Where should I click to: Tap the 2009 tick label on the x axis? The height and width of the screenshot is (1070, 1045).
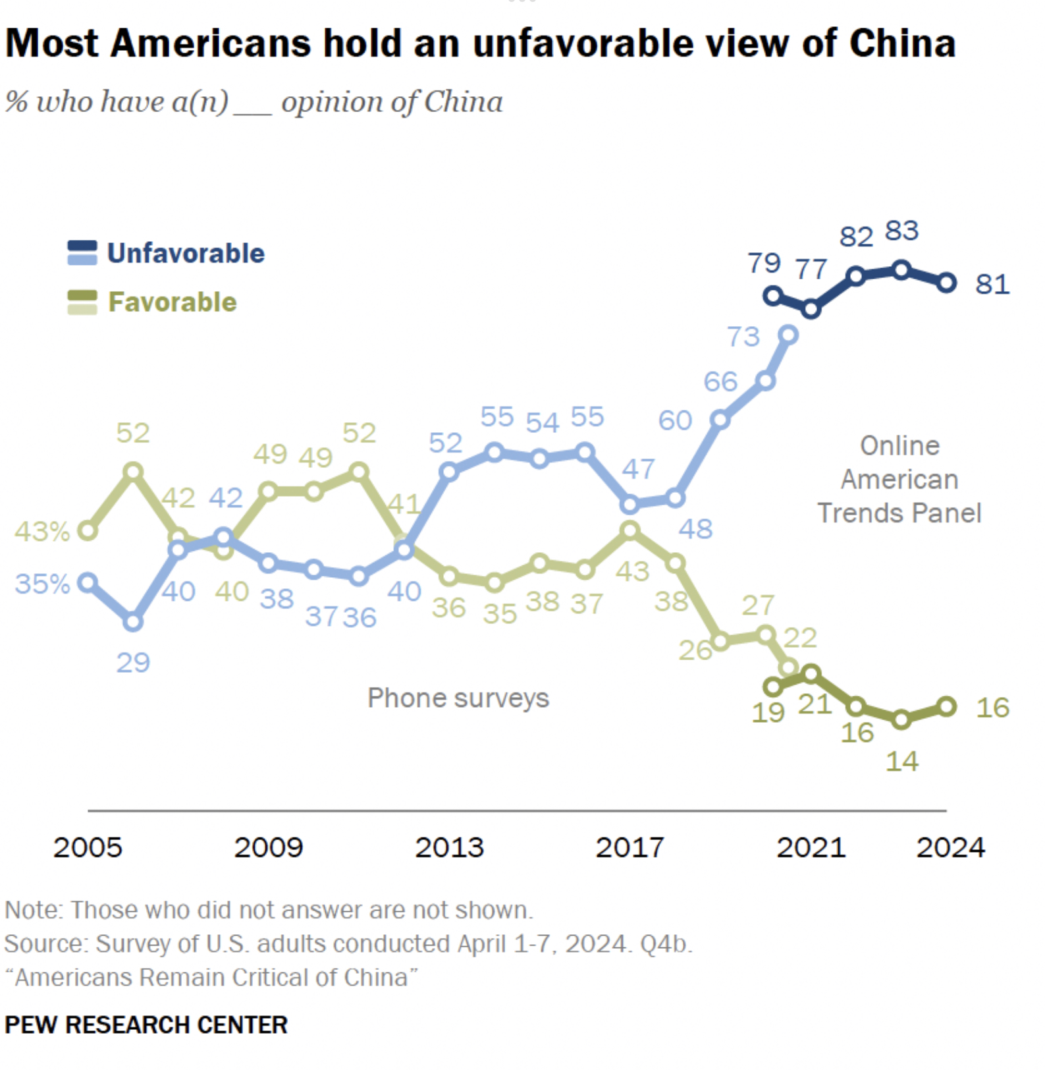(x=269, y=847)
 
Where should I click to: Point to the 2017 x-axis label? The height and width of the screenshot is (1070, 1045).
(x=630, y=847)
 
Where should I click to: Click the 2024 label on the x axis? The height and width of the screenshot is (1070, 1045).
(x=950, y=847)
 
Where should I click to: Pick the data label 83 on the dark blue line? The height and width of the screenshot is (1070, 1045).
(x=901, y=231)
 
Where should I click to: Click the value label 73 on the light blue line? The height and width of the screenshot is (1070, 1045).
(x=743, y=337)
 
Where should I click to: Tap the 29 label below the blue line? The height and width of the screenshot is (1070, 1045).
(x=133, y=663)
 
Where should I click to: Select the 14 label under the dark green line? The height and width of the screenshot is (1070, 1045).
(x=901, y=762)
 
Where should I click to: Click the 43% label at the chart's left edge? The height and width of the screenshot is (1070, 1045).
(x=42, y=532)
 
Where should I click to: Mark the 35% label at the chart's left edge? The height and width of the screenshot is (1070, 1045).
(x=42, y=584)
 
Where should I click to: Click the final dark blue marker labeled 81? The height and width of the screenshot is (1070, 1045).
(x=946, y=283)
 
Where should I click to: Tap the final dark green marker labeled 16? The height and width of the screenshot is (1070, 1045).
(x=946, y=707)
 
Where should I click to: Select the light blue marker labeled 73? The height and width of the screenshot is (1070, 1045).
(x=789, y=335)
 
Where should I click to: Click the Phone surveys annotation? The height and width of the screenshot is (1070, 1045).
(x=458, y=698)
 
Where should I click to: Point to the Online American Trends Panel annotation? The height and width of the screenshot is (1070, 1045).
(x=899, y=480)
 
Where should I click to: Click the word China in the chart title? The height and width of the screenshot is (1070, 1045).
(x=902, y=43)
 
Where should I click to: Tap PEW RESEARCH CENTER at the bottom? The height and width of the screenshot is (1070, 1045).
(x=146, y=1025)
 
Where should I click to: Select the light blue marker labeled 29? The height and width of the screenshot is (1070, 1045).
(x=133, y=622)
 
